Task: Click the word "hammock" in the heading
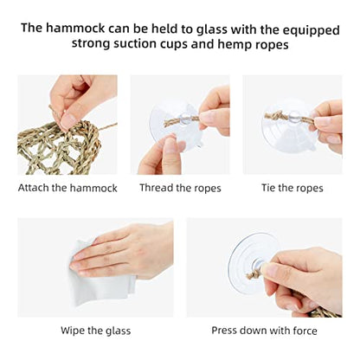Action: [75, 29]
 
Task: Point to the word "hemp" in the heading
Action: [235, 46]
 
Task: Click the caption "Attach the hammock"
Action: [67, 188]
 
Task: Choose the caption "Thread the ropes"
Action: [180, 188]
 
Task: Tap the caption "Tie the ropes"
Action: [292, 188]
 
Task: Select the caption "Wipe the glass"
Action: [96, 331]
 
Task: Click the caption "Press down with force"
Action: [264, 331]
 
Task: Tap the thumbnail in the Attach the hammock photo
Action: [68, 122]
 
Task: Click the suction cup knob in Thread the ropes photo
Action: [185, 119]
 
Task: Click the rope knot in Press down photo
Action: [254, 274]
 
